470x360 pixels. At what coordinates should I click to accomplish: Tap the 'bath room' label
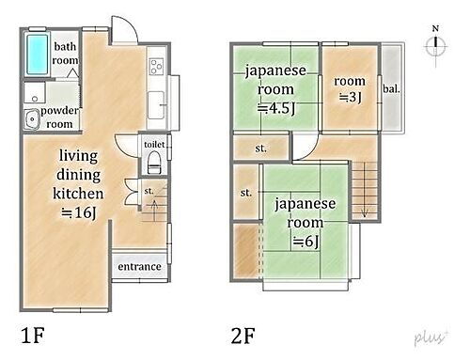65,53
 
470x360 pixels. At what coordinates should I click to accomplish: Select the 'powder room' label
60,117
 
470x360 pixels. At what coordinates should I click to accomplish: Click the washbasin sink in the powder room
30,117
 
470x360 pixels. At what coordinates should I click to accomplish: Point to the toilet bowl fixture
153,164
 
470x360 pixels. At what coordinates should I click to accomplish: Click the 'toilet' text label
154,144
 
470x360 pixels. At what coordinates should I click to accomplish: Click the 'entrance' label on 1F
140,267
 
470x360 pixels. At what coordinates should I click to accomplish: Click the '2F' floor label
243,334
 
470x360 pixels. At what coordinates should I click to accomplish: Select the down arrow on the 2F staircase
363,211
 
